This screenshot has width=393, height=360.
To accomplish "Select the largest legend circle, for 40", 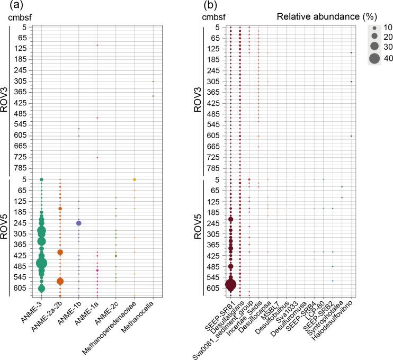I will (374, 58).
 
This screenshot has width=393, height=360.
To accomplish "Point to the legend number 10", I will (387, 27).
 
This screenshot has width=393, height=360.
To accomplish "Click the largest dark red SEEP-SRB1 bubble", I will (231, 285).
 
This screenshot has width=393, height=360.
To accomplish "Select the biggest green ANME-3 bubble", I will (41, 263).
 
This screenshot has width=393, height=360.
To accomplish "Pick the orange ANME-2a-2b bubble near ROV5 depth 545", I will (60, 281).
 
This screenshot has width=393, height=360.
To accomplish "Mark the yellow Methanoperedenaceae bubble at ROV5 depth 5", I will (135, 179).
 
